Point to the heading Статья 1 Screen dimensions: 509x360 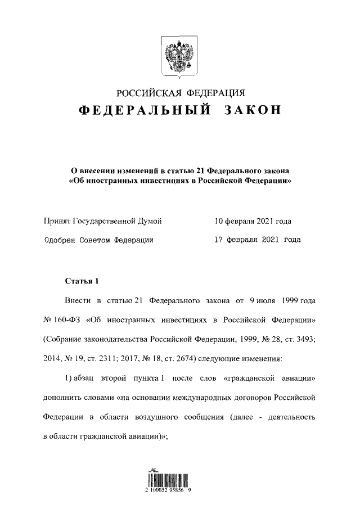(x=82, y=281)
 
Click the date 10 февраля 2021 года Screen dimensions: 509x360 (x=253, y=222)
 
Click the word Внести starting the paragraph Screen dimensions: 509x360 (x=78, y=301)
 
